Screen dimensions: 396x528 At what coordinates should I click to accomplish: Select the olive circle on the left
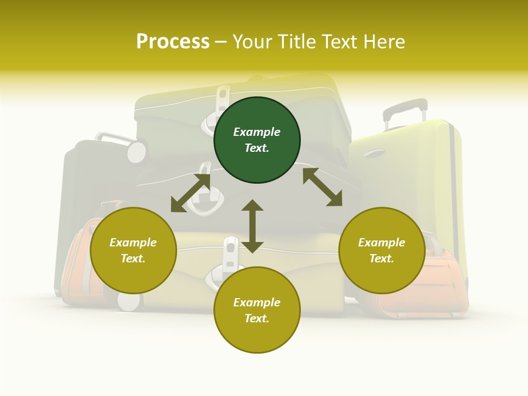pos(133,250)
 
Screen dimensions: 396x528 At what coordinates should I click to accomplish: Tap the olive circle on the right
pos(382,250)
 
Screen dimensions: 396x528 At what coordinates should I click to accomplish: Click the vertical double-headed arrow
pos(252,226)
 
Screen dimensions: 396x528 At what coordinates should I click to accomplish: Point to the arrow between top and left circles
pos(190,193)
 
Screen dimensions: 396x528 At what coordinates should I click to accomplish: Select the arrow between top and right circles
pos(322,187)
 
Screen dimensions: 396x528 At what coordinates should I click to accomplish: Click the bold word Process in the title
pos(173,41)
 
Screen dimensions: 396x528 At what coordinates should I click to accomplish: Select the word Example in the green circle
pos(257,132)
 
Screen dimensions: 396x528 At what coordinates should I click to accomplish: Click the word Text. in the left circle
pos(133,258)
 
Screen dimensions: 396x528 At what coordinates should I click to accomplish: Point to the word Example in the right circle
pos(382,243)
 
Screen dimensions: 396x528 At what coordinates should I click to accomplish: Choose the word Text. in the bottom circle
pos(257,318)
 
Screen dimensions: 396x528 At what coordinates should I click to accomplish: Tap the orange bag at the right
pos(435,286)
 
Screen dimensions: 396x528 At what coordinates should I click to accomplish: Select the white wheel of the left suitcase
pos(136,151)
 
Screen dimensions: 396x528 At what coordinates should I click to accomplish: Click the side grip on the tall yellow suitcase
pos(375,152)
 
